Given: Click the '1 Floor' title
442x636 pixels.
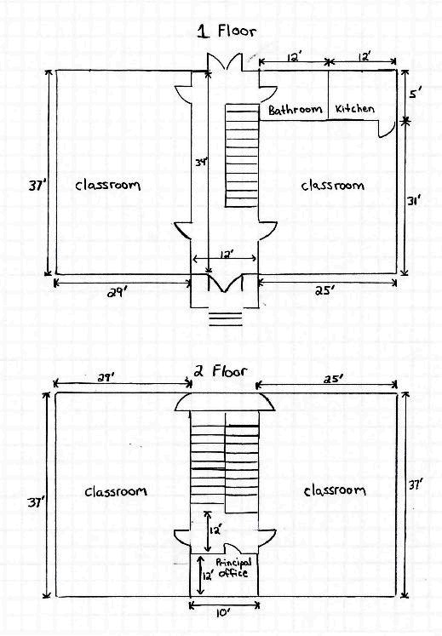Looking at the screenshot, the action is (227, 31).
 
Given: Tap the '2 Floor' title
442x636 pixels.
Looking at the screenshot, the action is (220, 370).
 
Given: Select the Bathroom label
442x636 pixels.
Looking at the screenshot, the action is (295, 110).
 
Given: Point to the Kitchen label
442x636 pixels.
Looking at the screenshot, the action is (355, 108).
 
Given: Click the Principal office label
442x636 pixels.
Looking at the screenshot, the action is (233, 567).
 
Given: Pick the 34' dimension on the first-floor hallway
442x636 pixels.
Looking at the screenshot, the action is (201, 163).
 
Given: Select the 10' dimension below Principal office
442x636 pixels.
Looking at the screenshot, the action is (222, 613).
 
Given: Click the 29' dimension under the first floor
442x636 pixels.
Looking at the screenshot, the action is (117, 292).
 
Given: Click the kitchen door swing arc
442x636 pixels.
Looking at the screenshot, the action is (387, 130).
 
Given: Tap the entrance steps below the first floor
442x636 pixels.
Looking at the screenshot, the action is (226, 318).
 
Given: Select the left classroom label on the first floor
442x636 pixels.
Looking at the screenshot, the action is (108, 185).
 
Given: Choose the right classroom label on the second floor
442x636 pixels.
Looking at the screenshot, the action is (335, 490).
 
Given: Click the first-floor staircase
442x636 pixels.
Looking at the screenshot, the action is (242, 156).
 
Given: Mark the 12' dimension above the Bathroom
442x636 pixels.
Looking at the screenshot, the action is (293, 57).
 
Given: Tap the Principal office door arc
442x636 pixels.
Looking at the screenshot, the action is (233, 547).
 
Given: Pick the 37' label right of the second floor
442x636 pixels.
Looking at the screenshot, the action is (416, 484).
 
